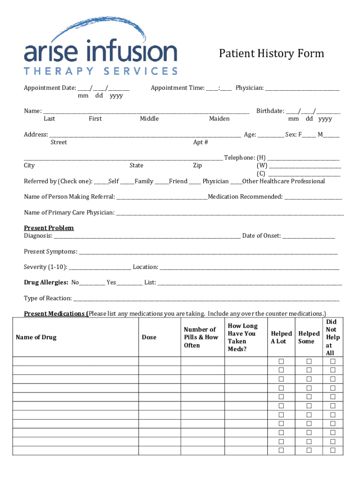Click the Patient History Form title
point(271,54)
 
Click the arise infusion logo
point(101,47)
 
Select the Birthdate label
point(270,111)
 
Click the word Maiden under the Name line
point(219,119)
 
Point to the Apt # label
point(201,142)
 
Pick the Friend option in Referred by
point(178,181)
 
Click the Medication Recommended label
point(245,197)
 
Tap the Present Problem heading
point(49,228)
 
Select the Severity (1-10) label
point(45,267)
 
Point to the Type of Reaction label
point(48,298)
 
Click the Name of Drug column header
point(36,337)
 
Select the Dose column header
point(149,337)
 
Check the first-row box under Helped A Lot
point(281,362)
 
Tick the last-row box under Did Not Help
point(333,450)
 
